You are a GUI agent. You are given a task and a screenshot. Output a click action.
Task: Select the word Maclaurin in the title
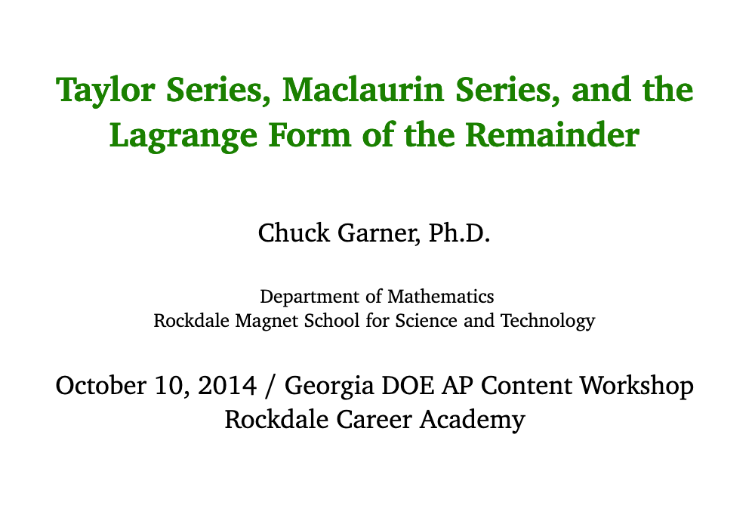(x=362, y=90)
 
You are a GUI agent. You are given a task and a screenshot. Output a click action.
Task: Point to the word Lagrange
(x=183, y=137)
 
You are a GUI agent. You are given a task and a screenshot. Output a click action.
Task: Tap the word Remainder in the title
(x=553, y=134)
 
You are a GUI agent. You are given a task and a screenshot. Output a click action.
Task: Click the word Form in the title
(x=310, y=134)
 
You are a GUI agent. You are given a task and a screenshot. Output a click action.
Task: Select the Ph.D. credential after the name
(x=459, y=233)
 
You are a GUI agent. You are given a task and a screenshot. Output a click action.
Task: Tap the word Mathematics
(x=441, y=296)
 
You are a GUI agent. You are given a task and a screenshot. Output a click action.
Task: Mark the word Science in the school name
(x=426, y=320)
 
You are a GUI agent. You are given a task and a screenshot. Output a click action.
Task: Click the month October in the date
(x=101, y=385)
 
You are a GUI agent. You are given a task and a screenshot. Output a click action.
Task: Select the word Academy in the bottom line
(x=472, y=420)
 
